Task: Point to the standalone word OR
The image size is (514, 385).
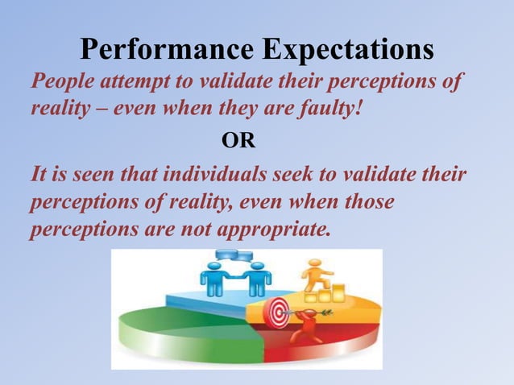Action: pyautogui.click(x=238, y=143)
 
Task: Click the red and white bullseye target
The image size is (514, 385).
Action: pyautogui.click(x=277, y=310)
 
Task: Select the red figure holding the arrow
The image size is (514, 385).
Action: pyautogui.click(x=305, y=326)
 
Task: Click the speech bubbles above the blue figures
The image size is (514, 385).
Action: pyautogui.click(x=234, y=256)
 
